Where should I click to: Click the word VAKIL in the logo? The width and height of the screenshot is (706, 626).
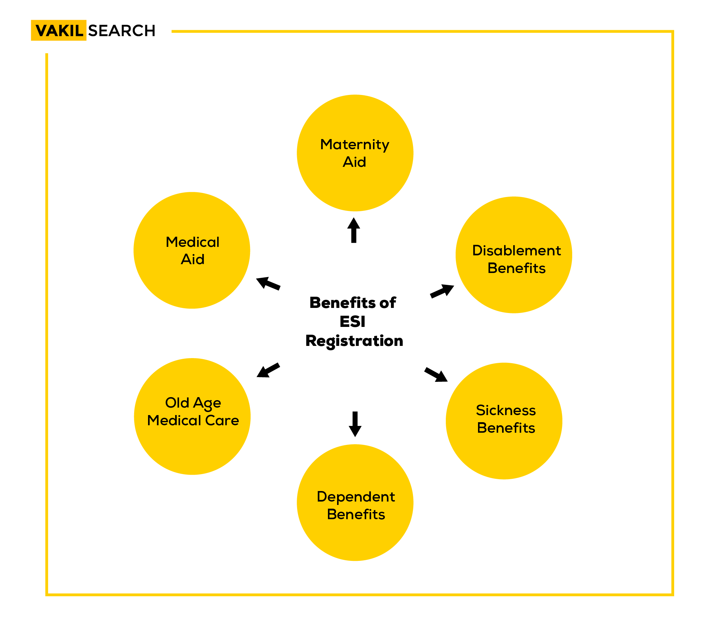[59, 31]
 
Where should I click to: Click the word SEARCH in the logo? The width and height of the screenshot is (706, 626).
[122, 31]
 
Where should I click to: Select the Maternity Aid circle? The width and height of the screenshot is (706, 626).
[355, 153]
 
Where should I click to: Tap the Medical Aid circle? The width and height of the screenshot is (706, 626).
[192, 250]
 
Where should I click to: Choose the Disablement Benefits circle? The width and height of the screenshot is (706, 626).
[514, 255]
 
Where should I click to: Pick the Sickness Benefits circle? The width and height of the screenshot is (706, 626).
[504, 421]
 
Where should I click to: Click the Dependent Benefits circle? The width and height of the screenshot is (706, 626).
[355, 502]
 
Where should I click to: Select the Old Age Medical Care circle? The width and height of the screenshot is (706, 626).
[192, 416]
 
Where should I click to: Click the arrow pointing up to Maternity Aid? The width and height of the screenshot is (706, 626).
[353, 230]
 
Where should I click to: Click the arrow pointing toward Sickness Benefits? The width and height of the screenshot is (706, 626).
[436, 375]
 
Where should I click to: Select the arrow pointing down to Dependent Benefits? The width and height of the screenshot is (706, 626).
[355, 424]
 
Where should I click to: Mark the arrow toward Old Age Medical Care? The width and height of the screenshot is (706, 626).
[268, 370]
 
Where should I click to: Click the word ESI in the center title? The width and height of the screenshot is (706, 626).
[352, 322]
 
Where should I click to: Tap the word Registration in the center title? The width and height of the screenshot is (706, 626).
[354, 341]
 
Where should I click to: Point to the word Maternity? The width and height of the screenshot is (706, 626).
[354, 144]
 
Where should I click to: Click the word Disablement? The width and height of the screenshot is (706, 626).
[516, 250]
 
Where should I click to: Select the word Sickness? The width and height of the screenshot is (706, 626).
[506, 410]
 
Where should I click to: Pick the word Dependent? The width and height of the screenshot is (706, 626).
[355, 497]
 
